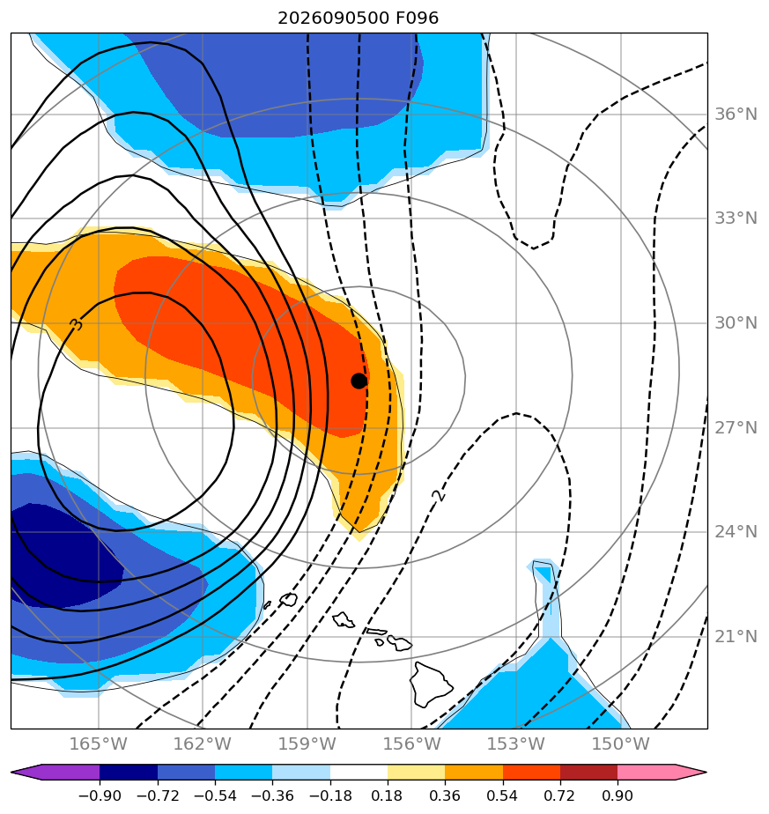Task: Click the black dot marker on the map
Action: pos(359,381)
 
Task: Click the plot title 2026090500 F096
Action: pos(359,18)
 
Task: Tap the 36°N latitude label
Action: pos(736,115)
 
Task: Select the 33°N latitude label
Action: pos(736,218)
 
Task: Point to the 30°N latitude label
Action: pos(736,323)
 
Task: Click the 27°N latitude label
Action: pos(736,428)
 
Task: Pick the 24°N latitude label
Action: pos(736,531)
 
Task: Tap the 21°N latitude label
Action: pos(736,636)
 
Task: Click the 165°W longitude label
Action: pos(98,744)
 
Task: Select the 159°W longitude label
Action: pos(307,744)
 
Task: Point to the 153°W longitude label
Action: pos(515,744)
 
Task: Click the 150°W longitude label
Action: pos(620,744)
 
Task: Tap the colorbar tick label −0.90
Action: pos(100,795)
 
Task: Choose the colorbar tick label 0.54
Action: pos(503,795)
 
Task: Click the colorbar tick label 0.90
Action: pos(617,795)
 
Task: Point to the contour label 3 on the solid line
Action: pos(77,324)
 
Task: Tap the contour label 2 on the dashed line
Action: pos(440,495)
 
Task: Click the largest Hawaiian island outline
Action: pos(431,684)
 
